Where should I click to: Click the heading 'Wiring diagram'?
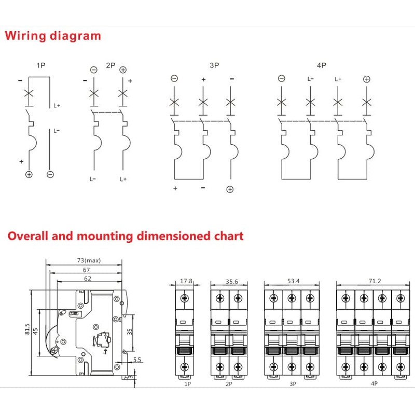tap(53, 36)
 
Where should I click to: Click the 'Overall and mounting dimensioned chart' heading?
tap(125, 236)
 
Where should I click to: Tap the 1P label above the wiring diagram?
tap(41, 65)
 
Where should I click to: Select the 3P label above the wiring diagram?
tap(214, 65)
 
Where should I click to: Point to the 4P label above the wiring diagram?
tap(321, 65)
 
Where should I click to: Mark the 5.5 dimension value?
tap(137, 359)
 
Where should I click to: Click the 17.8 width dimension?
tap(186, 281)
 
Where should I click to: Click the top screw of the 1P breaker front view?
tap(185, 298)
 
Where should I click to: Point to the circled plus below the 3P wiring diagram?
tap(230, 189)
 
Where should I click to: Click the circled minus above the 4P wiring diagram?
tap(281, 78)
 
